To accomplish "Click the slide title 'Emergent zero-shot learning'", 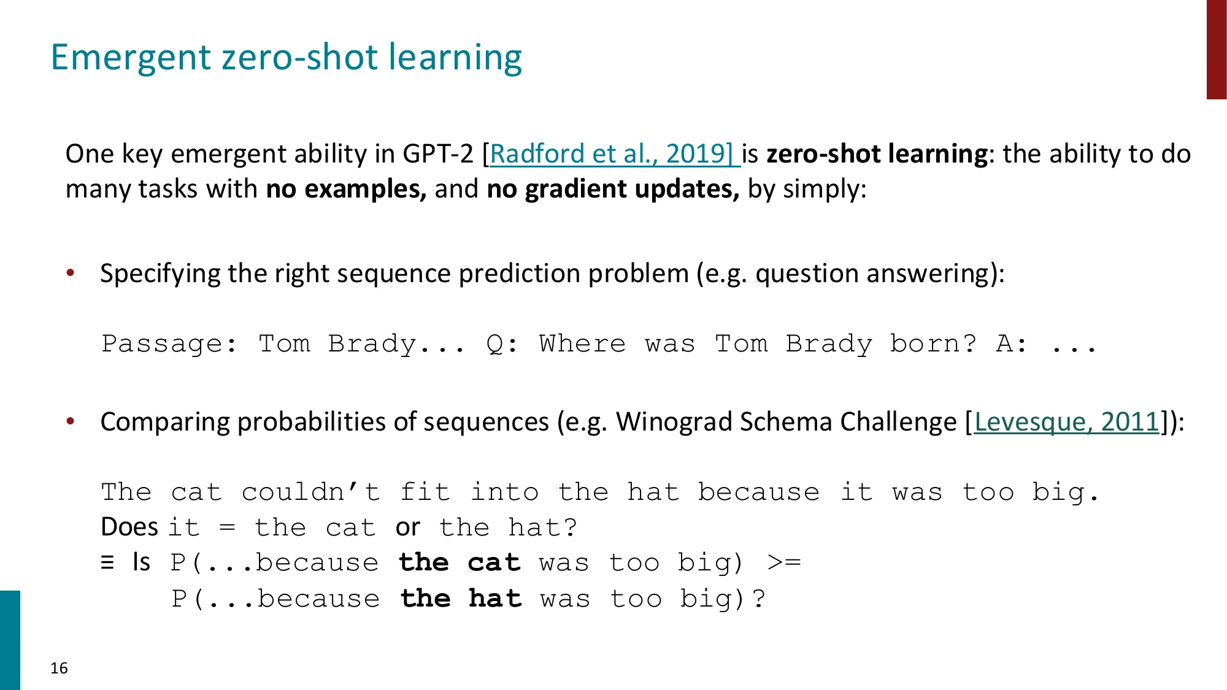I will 286,57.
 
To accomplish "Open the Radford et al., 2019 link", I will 611,154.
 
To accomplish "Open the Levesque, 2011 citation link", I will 1066,422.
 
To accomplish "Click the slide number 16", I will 59,668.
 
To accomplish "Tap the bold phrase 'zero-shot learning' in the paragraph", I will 877,154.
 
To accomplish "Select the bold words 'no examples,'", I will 346,189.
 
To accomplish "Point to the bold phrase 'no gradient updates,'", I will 613,189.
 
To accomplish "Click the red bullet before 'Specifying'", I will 71,273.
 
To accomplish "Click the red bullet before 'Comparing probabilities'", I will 71,421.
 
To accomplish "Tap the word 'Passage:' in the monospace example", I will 169,344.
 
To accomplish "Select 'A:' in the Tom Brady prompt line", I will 1011,344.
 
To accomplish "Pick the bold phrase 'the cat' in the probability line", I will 460,562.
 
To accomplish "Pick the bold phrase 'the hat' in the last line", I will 461,599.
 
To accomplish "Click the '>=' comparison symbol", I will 784,562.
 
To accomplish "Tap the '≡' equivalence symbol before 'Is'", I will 107,562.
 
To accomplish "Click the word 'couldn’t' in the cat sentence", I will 310,493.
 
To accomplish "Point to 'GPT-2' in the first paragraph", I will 438,154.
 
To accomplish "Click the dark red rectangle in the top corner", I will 1216,49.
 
